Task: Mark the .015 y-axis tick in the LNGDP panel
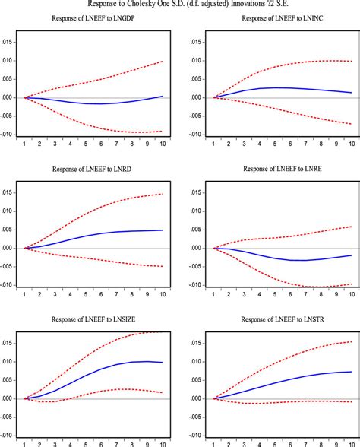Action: [7, 42]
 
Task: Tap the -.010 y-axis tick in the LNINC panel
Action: [194, 135]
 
